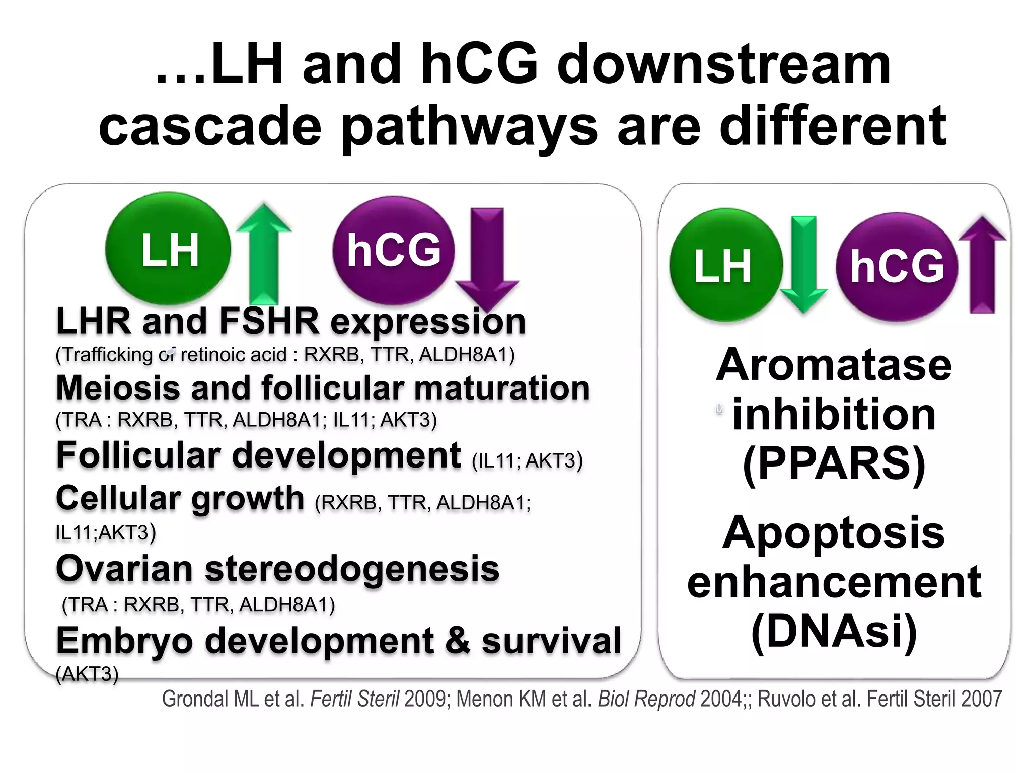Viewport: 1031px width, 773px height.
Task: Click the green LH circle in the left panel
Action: (168, 249)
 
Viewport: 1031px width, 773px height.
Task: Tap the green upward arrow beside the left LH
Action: (264, 254)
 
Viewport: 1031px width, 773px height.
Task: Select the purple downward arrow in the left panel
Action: (487, 257)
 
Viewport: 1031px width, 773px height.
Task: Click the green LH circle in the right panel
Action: (725, 265)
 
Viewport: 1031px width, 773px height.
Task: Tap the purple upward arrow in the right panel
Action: (982, 264)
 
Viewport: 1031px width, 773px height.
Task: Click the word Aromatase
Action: (834, 365)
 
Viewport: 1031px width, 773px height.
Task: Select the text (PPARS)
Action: (834, 463)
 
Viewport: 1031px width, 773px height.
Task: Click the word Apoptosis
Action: (834, 532)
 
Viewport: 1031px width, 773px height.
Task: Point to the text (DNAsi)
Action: (834, 632)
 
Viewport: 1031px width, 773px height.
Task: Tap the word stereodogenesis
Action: (352, 569)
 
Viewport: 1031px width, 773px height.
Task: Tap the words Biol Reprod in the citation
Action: (646, 699)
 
